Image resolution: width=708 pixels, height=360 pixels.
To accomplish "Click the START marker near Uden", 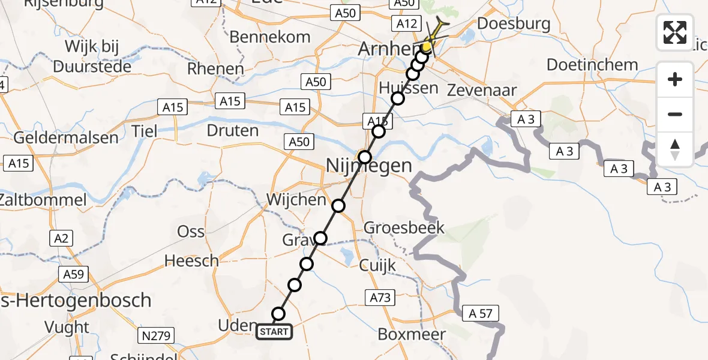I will (274, 331).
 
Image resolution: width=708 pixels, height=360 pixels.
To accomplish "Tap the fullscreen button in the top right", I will (675, 32).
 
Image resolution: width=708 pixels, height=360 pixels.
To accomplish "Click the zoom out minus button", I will (675, 114).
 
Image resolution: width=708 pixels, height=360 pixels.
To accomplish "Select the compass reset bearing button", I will (675, 149).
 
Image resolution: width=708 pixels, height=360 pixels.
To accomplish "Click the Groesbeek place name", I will (404, 227).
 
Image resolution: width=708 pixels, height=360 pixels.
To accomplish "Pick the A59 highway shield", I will (74, 275).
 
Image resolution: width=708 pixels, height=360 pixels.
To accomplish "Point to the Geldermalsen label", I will (66, 138).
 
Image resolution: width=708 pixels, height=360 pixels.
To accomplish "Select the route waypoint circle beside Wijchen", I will (338, 206).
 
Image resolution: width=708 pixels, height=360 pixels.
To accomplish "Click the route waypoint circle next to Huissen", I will (397, 98).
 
